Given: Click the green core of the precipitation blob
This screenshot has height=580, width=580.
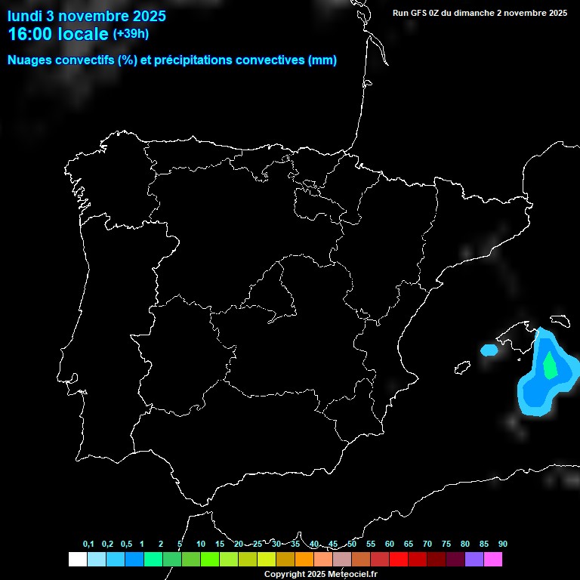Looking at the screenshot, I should (550, 366).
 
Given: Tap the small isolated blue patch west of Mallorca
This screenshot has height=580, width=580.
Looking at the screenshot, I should (489, 350).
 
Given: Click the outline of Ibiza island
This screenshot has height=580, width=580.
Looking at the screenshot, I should (461, 368).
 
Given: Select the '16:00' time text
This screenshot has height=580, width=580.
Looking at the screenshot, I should (31, 34).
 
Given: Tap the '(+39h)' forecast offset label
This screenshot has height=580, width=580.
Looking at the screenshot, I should (131, 34).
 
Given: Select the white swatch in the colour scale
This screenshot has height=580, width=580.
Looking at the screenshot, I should (77, 560).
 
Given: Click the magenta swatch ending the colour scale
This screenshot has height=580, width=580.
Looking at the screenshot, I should (493, 560).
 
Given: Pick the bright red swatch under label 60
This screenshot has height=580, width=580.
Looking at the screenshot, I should (398, 560).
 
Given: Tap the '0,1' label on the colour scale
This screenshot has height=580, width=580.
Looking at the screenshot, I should (88, 545).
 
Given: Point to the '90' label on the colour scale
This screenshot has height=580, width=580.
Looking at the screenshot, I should (502, 545).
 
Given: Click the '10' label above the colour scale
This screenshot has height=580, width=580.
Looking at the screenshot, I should (201, 545).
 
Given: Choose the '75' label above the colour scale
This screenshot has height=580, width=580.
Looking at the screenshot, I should (446, 545).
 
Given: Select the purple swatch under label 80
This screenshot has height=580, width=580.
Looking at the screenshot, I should (474, 560).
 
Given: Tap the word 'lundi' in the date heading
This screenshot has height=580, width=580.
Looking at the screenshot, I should (25, 16).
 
